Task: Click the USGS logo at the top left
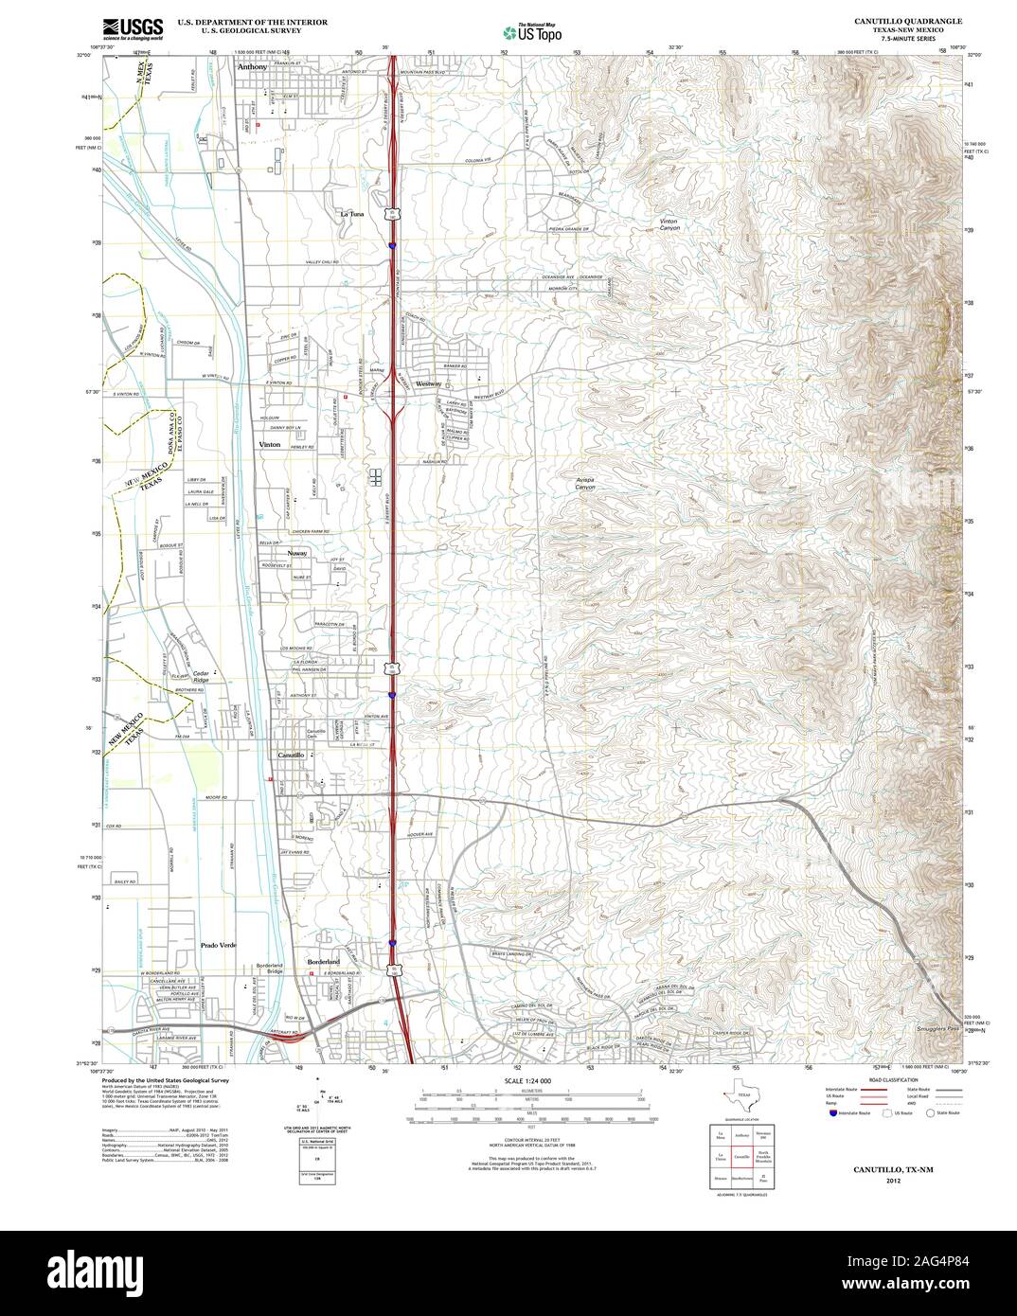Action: click(132, 27)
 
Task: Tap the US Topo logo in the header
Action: click(532, 32)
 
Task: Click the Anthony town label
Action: click(252, 67)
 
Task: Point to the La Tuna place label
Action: click(351, 214)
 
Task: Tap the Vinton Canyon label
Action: click(669, 224)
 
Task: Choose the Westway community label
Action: click(429, 384)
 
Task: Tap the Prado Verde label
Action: click(218, 946)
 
